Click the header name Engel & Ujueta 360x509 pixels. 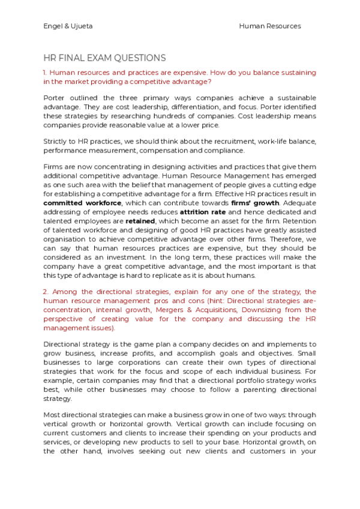pyautogui.click(x=68, y=26)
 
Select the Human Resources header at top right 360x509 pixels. pyautogui.click(x=269, y=26)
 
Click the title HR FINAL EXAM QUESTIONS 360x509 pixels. pyautogui.click(x=104, y=58)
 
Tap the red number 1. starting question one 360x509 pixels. pyautogui.click(x=45, y=73)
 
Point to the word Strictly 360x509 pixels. pyautogui.click(x=56, y=142)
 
